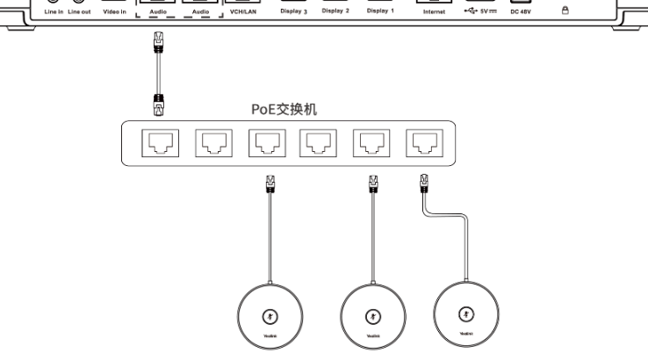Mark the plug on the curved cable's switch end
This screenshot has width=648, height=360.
pos(423,184)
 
